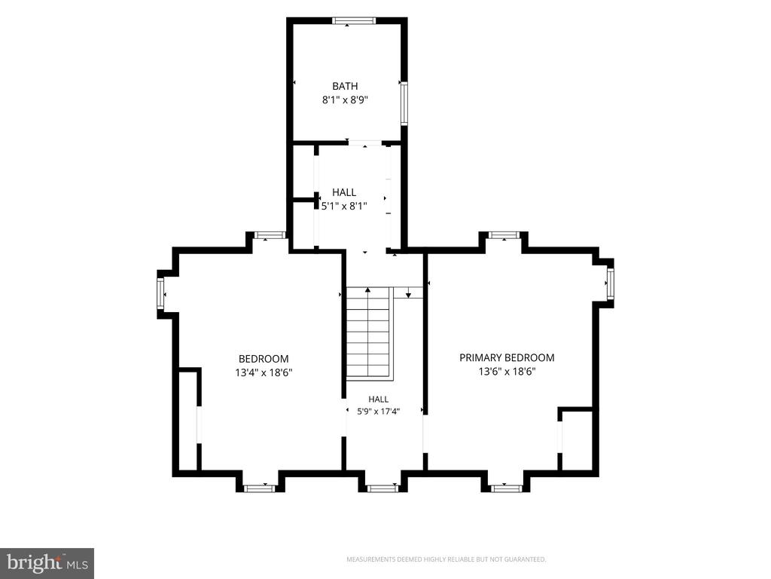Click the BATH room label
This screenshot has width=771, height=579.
point(345,86)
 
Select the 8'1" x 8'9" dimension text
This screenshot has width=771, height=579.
point(345,100)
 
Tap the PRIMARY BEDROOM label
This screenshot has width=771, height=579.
point(507,357)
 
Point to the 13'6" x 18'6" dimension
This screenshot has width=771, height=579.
point(507,371)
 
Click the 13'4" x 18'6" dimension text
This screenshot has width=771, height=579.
point(264,372)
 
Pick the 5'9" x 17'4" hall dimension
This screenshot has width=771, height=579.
point(379,411)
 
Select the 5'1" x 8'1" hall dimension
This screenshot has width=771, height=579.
point(344,206)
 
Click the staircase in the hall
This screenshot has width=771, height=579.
point(369,332)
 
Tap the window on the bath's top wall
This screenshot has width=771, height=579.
point(354,20)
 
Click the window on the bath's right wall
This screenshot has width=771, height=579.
point(404,103)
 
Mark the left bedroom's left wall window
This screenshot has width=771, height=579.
point(160,294)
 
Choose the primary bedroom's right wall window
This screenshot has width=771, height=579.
point(610,283)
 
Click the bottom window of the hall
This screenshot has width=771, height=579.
point(382,489)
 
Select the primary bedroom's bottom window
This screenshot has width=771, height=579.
point(506,489)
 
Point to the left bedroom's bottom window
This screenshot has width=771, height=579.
point(259,489)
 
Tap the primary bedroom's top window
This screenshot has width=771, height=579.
point(504,235)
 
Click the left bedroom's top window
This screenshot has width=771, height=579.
point(270,235)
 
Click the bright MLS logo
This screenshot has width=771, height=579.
point(47,563)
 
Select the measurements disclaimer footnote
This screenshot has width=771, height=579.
point(446,559)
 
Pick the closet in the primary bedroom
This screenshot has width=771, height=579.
point(577,439)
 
